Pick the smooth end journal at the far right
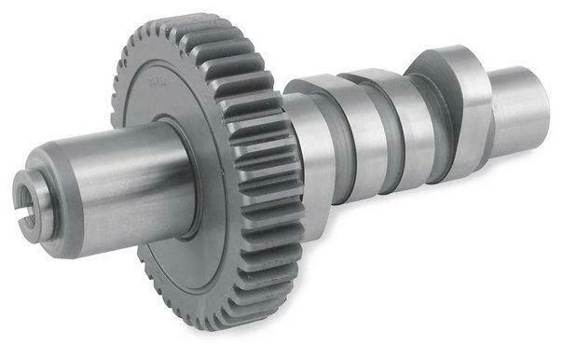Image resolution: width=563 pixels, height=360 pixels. click(517, 103)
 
